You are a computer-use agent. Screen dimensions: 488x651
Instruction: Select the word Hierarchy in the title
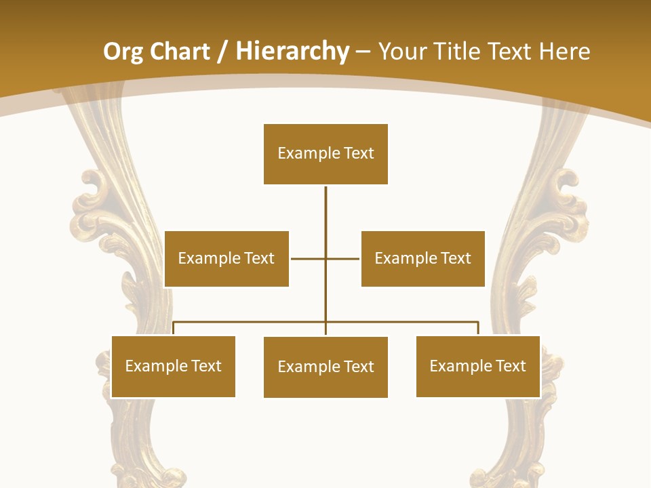[x=292, y=52]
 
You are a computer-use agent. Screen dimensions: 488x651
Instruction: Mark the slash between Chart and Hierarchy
[x=222, y=52]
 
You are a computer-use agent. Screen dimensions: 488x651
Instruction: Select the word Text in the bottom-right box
[x=511, y=366]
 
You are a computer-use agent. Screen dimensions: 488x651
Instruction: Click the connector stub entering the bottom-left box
[x=174, y=329]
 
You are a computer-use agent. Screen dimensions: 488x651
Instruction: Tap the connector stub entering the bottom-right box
[x=478, y=329]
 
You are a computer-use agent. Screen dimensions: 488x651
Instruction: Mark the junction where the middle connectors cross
[x=325, y=258]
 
